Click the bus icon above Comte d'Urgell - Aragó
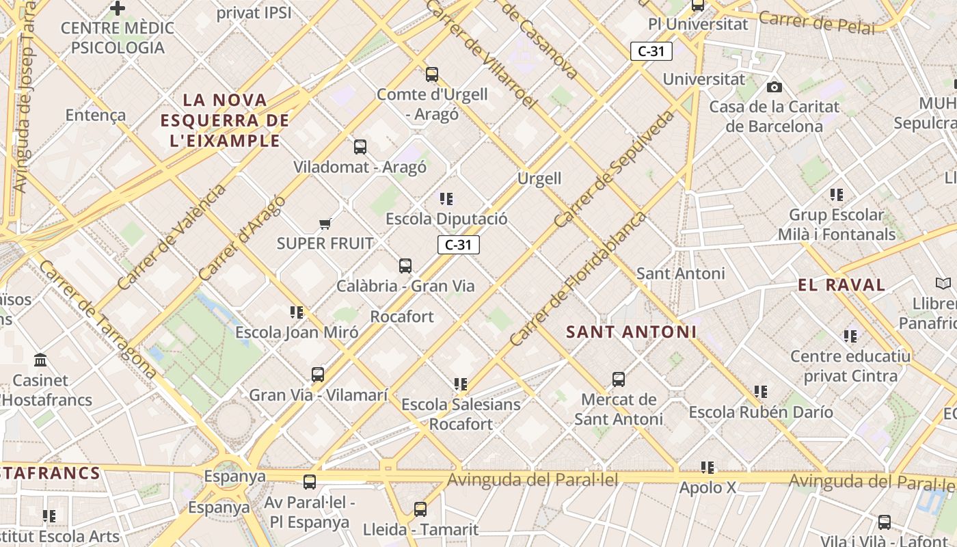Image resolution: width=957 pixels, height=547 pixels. point(431,75)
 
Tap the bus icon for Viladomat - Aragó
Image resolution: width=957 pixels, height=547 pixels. point(360,147)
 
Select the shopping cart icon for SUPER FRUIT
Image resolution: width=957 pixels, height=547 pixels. point(325,224)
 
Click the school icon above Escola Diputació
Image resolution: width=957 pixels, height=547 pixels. point(446,199)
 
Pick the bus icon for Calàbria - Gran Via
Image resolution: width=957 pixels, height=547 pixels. point(405,266)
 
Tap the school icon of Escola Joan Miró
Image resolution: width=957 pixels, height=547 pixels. point(297,312)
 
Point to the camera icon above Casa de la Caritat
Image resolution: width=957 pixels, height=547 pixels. point(774,87)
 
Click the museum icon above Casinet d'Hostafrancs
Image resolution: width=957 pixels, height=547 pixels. point(40,360)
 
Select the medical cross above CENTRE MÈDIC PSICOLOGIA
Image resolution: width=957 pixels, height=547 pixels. point(118,8)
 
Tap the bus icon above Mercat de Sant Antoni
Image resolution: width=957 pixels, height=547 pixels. point(619,379)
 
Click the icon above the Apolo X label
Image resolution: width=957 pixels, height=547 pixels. point(707,468)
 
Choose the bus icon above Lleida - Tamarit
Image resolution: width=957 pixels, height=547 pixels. point(420,509)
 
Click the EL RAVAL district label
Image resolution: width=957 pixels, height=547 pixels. point(841,285)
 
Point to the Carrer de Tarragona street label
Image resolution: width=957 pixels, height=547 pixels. point(97,319)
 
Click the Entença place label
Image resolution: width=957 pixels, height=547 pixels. point(96,115)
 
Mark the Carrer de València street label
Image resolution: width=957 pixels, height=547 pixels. point(171,237)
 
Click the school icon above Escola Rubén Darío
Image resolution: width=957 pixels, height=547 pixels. point(761,392)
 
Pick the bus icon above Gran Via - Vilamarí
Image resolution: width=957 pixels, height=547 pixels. point(318,375)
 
